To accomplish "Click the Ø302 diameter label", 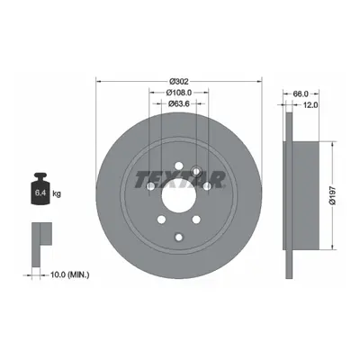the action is tap(179, 81).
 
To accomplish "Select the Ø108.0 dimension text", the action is tap(179, 93).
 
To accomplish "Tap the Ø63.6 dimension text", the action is tap(179, 103).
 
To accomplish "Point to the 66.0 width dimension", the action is tap(301, 94).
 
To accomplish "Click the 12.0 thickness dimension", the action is tap(310, 104).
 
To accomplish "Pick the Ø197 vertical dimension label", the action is tap(332, 195).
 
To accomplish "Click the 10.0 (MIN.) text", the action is tap(70, 274).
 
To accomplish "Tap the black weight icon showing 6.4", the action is tap(40, 189).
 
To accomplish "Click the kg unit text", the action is tap(57, 193).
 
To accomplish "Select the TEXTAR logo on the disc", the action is tap(180, 180).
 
